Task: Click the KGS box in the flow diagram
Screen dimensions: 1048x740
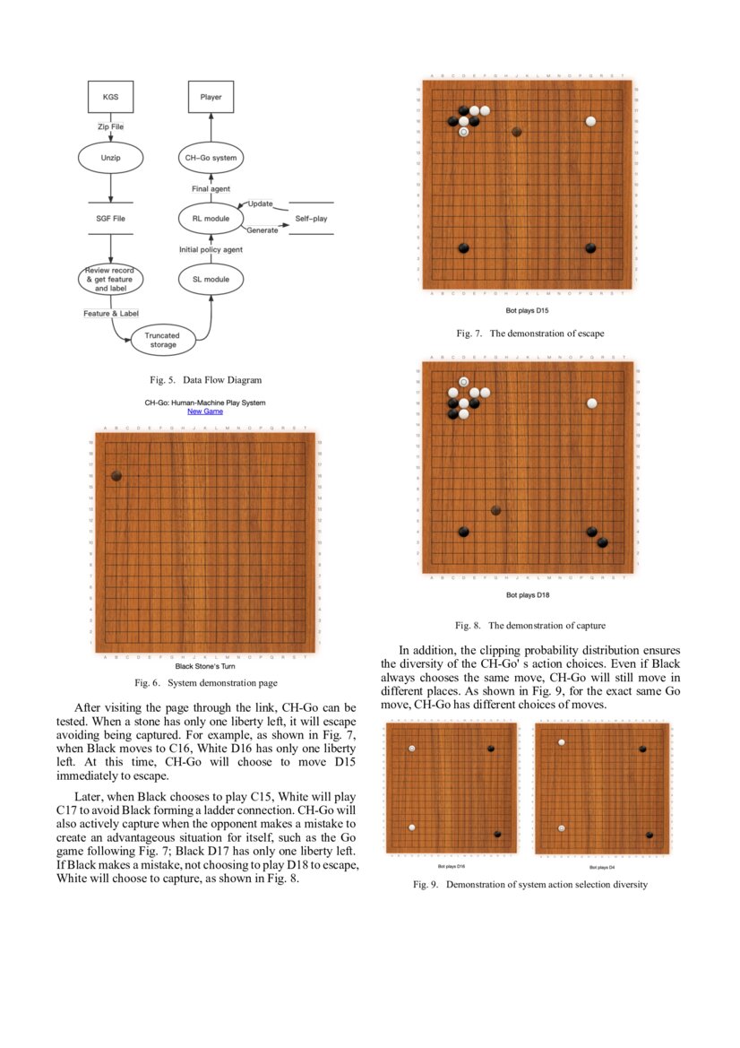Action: (110, 96)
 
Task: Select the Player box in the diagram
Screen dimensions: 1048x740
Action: (211, 96)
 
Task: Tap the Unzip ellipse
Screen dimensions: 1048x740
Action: (110, 158)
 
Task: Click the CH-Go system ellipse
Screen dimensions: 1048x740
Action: (211, 158)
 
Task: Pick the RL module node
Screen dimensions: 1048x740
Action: (211, 218)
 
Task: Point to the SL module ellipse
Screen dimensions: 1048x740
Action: (211, 279)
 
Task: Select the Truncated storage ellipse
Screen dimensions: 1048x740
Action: (163, 339)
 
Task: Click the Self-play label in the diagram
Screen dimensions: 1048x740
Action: (311, 218)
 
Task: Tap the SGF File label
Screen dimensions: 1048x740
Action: (110, 218)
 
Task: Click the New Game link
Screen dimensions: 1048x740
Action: (205, 411)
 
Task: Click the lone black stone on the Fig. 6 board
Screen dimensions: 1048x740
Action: (116, 476)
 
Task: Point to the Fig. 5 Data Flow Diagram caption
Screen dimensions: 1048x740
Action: (205, 380)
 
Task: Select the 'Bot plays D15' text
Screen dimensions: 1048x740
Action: (527, 311)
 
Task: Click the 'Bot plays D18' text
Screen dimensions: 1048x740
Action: (527, 594)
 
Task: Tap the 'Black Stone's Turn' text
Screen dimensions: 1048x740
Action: (205, 666)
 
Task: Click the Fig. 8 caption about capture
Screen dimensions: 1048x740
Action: (529, 625)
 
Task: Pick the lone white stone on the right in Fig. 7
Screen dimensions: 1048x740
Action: (590, 121)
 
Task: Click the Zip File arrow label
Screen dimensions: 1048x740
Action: (110, 126)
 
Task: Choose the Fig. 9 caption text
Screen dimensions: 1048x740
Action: (529, 885)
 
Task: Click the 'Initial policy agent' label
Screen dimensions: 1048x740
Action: (211, 249)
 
